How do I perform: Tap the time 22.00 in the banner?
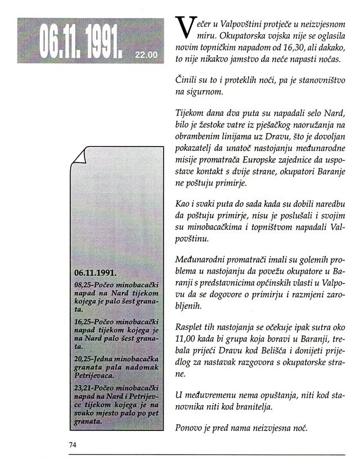[147, 55]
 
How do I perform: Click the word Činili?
[188, 82]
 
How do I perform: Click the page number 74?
[72, 444]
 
